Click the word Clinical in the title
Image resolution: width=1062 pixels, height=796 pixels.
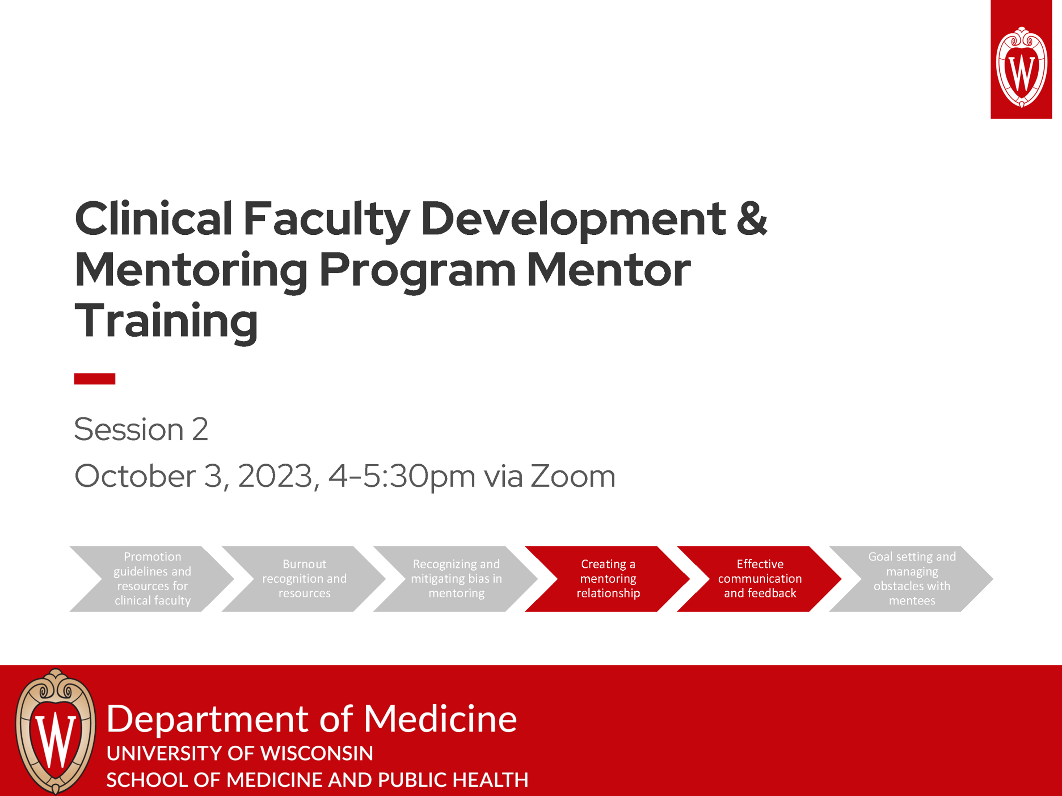(154, 219)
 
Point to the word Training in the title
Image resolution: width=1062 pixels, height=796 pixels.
(166, 322)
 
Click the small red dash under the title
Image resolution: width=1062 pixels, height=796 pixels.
(95, 379)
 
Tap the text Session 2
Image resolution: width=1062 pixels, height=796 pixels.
(141, 429)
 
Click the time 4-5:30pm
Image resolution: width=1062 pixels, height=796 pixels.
(402, 477)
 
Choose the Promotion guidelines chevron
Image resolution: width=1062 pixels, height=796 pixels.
(152, 579)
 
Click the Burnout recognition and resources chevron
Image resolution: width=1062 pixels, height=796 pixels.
(303, 579)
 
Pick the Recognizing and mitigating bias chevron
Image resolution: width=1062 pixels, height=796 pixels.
(456, 579)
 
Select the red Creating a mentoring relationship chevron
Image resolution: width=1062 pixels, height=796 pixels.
(607, 579)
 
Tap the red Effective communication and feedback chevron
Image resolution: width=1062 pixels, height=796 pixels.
(759, 579)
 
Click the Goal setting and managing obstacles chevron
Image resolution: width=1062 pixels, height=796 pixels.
(911, 579)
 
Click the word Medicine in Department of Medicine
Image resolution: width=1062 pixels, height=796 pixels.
(440, 719)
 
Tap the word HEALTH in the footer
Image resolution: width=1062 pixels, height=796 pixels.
(490, 780)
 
